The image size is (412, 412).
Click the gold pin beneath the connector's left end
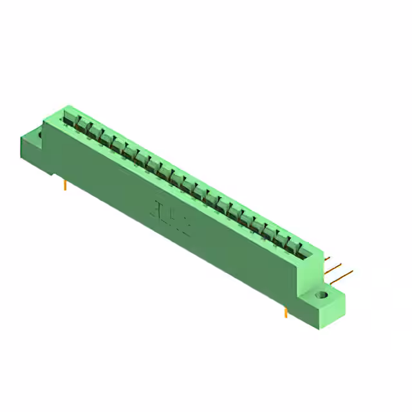66,185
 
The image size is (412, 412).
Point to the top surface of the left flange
33,131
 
